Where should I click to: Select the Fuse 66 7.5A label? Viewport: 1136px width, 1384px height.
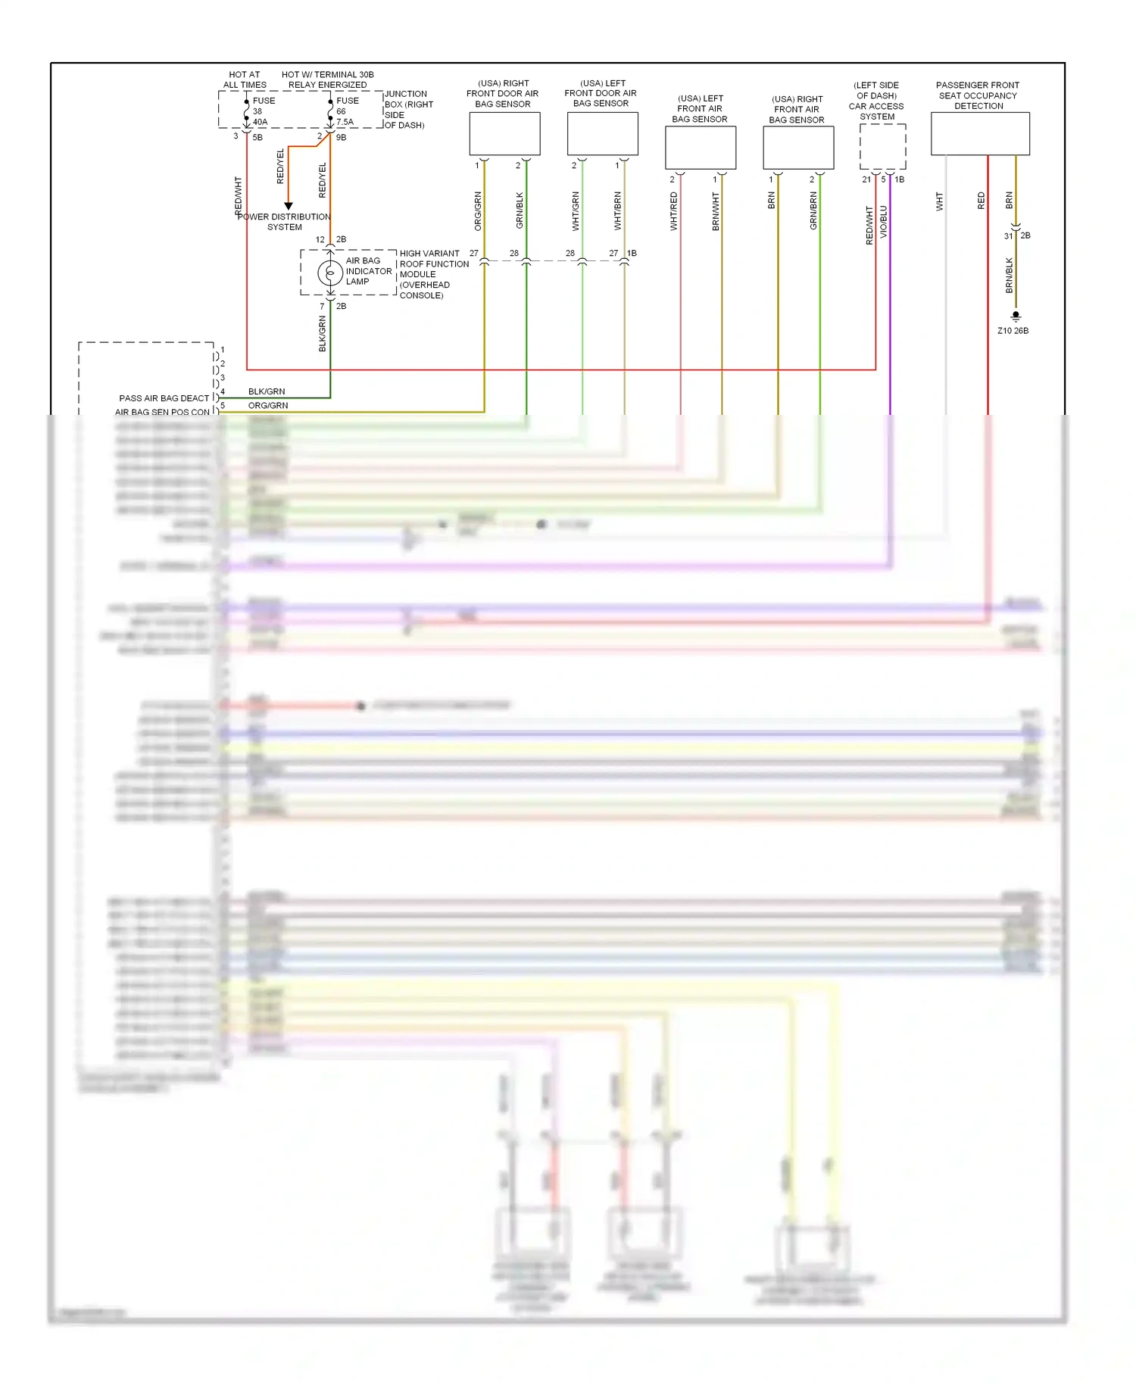pos(347,111)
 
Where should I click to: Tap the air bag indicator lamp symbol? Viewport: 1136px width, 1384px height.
pos(330,273)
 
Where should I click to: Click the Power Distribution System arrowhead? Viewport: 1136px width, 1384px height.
pos(289,206)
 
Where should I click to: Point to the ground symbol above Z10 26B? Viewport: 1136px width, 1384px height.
pos(1016,316)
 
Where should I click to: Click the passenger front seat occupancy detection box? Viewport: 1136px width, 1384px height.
pos(980,134)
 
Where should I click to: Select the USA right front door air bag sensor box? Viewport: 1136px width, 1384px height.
pos(504,134)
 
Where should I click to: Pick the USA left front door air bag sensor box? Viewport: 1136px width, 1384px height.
pos(602,134)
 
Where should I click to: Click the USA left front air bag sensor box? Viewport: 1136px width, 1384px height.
pos(701,148)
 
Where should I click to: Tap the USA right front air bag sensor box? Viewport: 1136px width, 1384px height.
pos(798,148)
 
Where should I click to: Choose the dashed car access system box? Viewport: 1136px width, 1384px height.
pos(882,147)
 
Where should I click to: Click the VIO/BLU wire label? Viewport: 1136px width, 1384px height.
pos(884,222)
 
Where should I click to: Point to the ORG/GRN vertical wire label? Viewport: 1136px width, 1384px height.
pos(478,211)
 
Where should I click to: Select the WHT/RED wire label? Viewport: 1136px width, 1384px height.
pos(673,211)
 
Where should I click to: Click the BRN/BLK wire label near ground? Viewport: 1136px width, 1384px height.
pos(1009,276)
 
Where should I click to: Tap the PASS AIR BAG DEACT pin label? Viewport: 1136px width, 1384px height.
pos(164,398)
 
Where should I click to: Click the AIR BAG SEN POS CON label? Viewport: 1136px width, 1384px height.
pos(162,413)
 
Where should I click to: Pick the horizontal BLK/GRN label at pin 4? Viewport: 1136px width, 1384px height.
pos(267,391)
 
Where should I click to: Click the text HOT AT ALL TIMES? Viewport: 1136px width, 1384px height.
pos(244,79)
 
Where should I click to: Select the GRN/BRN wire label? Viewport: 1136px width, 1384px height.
pos(813,211)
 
